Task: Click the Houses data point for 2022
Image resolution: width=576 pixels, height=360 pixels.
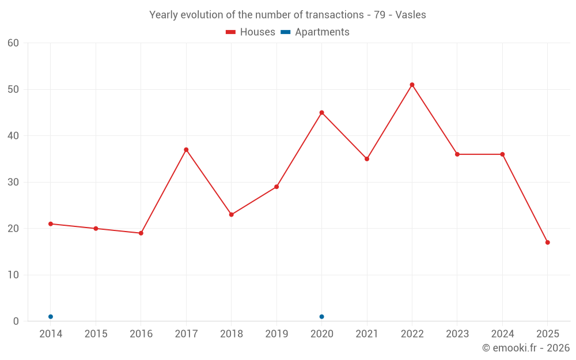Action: coord(412,85)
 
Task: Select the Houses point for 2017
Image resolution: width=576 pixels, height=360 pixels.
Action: coord(186,150)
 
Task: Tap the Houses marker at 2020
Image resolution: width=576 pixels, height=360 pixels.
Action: coord(321,112)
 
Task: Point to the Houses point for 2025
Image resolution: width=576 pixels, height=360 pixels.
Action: coord(547,242)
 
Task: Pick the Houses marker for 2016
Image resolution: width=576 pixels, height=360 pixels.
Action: coord(141,233)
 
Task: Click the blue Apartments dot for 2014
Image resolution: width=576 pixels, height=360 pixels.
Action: coord(51,317)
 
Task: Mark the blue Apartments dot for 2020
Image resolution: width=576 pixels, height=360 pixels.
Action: coord(321,317)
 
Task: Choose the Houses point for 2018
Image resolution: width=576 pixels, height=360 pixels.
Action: coord(231,215)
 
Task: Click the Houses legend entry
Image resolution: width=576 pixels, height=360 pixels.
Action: coord(251,32)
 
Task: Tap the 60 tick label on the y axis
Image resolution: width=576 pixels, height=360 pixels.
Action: coord(13,43)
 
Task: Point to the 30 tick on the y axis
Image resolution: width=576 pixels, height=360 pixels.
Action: coord(13,182)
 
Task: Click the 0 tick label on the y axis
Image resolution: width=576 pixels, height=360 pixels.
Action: coord(16,321)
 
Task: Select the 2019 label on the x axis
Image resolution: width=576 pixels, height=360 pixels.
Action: coord(276,334)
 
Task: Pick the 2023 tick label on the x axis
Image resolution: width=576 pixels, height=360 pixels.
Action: coord(457,334)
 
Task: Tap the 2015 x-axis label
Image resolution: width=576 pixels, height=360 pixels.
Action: coord(96,334)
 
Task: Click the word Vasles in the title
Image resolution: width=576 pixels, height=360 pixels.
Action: coord(411,15)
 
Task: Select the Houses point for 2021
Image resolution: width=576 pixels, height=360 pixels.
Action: coord(367,159)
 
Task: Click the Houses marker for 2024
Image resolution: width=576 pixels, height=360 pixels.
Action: coord(502,154)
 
